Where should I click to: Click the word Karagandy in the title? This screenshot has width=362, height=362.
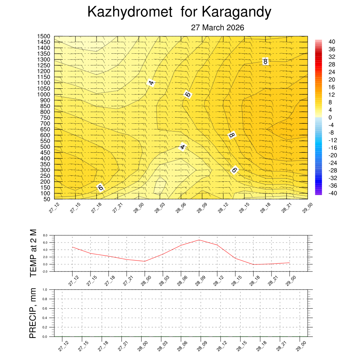click(237, 12)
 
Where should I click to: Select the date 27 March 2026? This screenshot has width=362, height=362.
click(217, 28)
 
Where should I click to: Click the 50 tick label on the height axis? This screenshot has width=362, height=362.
click(46, 199)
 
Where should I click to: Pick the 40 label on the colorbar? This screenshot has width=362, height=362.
click(332, 41)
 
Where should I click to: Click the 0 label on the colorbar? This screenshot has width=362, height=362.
click(330, 117)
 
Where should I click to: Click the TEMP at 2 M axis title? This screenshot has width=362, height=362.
click(33, 253)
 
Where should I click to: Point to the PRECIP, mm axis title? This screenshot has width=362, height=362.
click(33, 313)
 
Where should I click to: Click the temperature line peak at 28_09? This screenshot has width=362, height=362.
click(199, 240)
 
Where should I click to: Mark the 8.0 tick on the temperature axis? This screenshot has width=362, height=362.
click(45, 235)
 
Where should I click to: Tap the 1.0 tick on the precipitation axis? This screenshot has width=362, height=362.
click(45, 290)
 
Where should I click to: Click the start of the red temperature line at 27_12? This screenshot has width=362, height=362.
click(72, 247)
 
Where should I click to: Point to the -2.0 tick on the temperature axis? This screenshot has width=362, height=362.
click(45, 271)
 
